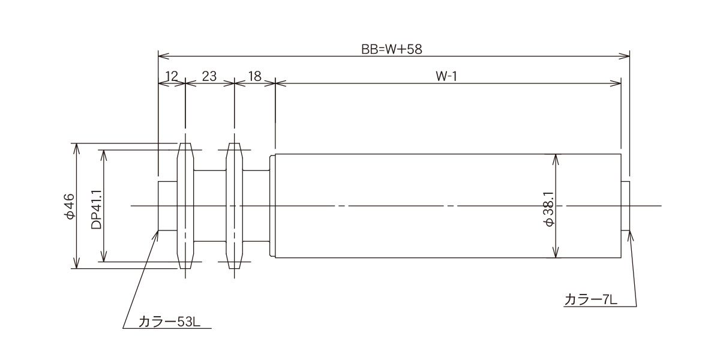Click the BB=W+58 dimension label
391,49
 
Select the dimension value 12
172,77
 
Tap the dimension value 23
209,77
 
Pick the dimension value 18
254,77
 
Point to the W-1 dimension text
446,77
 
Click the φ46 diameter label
70,206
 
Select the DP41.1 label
97,209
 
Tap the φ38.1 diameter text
550,209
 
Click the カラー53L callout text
169,322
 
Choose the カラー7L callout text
591,300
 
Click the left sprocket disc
185,206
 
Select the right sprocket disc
235,206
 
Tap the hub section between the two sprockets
210,206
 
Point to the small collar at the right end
625,206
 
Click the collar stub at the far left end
167,206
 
